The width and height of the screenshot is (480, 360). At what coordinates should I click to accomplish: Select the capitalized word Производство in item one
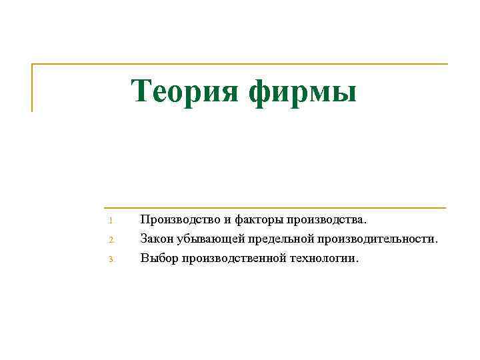[176, 219]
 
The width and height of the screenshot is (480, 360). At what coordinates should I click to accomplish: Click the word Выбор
[157, 257]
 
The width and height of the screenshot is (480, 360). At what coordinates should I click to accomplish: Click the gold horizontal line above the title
[240, 65]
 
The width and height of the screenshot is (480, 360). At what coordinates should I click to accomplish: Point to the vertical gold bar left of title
[32, 87]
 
